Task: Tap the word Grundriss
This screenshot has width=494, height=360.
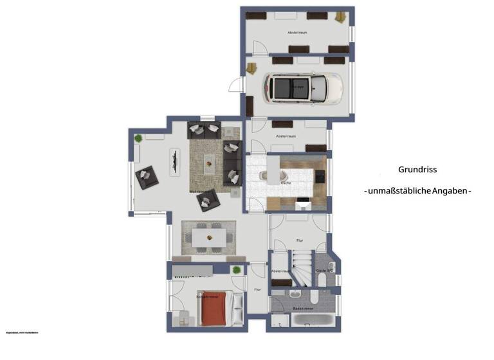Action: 417,170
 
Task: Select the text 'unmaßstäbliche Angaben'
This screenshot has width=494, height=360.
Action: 418,191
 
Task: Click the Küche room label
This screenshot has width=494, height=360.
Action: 286,183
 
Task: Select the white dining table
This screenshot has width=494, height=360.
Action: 209,239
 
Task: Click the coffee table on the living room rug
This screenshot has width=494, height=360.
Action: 210,163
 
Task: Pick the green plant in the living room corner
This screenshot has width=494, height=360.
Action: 138,138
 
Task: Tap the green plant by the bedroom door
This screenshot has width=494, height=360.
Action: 237,270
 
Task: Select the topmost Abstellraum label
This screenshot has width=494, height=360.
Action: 297,30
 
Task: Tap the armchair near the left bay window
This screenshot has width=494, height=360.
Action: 146,176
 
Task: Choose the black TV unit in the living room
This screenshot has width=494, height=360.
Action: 174,161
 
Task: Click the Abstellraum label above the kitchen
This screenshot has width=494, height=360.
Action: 286,136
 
